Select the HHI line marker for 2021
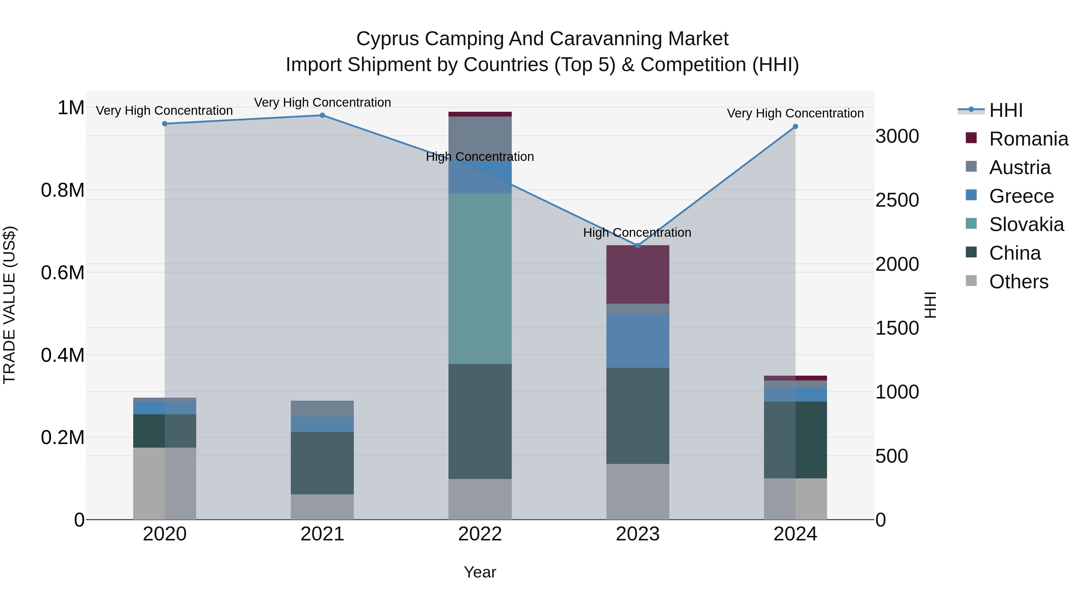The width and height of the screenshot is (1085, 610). [x=322, y=115]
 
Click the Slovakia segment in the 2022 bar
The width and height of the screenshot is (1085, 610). [x=480, y=278]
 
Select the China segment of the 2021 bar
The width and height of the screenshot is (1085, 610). [x=322, y=463]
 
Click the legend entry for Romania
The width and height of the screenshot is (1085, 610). [x=1028, y=139]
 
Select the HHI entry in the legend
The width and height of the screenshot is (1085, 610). [x=1005, y=110]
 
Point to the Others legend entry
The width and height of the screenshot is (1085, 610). [x=1018, y=282]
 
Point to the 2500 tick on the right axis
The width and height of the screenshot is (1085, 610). [x=897, y=200]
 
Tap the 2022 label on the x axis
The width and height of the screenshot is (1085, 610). [x=480, y=534]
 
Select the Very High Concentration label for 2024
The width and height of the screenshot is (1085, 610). [x=795, y=113]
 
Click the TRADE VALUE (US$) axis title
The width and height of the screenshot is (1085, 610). [x=9, y=305]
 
